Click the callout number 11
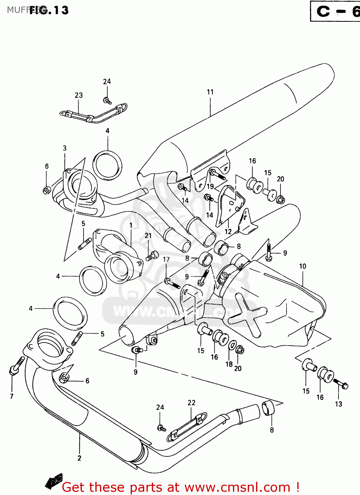coord(210,92)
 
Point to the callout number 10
coord(303,266)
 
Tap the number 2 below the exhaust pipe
coord(79,458)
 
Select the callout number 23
coord(79,95)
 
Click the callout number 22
coord(191,403)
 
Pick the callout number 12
coord(228,232)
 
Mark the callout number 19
coord(210,186)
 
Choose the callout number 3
coord(65,148)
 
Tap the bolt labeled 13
coord(341,384)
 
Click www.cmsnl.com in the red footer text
coord(237,487)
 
